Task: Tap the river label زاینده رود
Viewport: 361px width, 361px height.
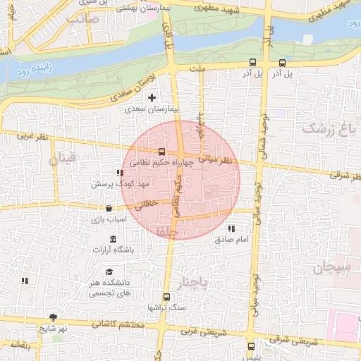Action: coord(31,70)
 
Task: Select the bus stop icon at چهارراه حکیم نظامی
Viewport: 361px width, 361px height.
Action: coord(162,152)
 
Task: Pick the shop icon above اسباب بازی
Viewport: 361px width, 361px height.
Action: coord(109,208)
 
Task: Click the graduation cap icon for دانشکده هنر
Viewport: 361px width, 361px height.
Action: coord(109,272)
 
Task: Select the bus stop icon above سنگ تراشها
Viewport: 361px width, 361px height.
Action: coord(166,297)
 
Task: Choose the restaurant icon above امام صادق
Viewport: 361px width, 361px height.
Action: coord(231,228)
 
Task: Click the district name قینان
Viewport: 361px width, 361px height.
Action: coord(62,160)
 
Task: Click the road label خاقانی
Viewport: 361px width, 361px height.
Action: coord(145,205)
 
